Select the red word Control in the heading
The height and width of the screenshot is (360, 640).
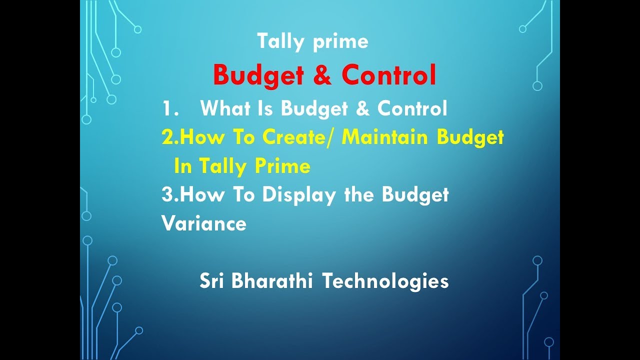click(x=389, y=75)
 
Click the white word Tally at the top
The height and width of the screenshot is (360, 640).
click(x=280, y=41)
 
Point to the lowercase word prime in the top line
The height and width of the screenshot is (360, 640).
click(x=340, y=42)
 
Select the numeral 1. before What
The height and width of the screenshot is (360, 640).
click(x=170, y=109)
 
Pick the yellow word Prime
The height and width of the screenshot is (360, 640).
click(x=283, y=166)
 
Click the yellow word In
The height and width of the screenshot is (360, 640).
click(x=183, y=166)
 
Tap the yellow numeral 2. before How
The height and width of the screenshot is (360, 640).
click(x=170, y=137)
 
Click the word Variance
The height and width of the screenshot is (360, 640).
click(x=204, y=223)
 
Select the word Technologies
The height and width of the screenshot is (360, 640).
click(x=385, y=281)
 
